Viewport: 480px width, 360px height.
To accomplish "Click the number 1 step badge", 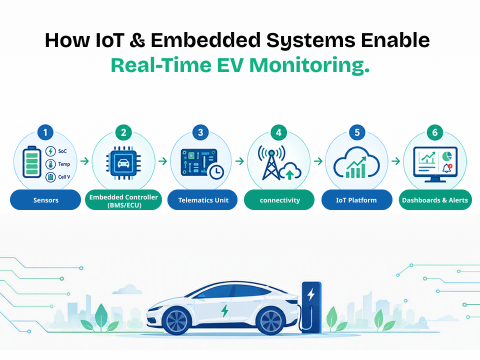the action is [45, 132].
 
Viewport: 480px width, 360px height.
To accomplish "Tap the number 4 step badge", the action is [279, 132].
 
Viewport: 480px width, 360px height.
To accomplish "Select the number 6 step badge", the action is [435, 132].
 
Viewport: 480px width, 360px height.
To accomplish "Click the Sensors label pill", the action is [45, 200].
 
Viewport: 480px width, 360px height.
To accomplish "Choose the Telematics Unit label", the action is [202, 200].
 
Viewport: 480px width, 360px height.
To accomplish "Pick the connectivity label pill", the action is [279, 200].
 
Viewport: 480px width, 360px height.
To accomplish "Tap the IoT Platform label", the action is [357, 200].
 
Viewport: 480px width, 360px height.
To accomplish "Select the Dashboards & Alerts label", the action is [435, 200].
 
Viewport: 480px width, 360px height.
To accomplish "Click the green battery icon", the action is [32, 162].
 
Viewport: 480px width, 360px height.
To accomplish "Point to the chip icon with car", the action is [123, 163].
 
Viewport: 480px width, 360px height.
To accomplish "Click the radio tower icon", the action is [271, 163].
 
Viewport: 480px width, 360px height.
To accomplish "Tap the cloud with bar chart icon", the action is [357, 162].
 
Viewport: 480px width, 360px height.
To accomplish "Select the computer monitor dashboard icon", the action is [435, 164].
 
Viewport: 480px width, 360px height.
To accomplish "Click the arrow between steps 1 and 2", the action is [85, 161].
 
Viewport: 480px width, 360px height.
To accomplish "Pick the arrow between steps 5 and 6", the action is [396, 161].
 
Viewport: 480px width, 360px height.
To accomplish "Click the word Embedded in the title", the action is [205, 40].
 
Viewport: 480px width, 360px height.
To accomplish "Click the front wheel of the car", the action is [177, 321].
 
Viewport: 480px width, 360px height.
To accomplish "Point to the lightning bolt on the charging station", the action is [311, 294].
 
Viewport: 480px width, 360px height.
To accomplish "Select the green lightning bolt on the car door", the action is [225, 311].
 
